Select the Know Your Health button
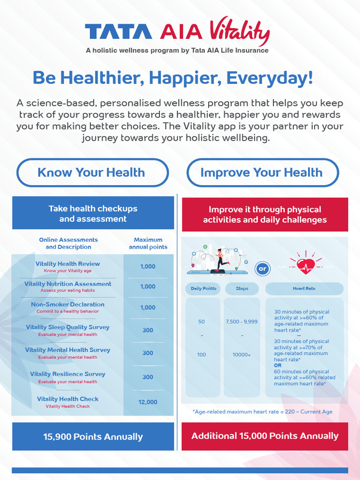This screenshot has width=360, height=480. click(x=92, y=172)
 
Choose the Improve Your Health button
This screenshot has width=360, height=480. click(x=262, y=172)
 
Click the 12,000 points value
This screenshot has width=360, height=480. click(x=148, y=402)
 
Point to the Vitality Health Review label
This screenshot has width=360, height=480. click(x=67, y=264)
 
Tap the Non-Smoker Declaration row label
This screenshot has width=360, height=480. click(x=67, y=305)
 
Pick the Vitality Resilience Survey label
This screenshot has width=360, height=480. click(x=67, y=374)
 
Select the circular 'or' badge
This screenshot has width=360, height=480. click(x=262, y=269)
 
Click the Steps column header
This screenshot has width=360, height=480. click(x=242, y=289)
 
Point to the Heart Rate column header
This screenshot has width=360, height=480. click(x=304, y=289)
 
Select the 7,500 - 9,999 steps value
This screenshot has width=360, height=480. click(x=242, y=322)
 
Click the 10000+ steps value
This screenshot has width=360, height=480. click(x=242, y=355)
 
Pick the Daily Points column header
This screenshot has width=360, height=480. click(x=203, y=289)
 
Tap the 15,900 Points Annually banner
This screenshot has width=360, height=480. click(x=93, y=437)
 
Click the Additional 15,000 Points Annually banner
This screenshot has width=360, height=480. click(x=265, y=436)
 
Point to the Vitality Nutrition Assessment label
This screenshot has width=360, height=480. click(x=67, y=284)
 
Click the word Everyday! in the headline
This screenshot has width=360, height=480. click(x=270, y=78)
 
